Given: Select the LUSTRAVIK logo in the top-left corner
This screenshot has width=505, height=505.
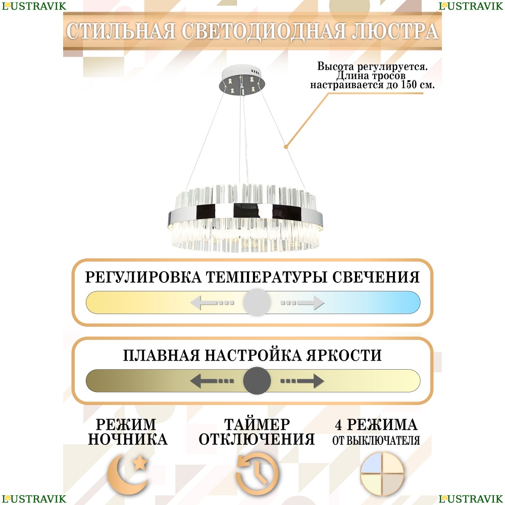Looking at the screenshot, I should point(33,6).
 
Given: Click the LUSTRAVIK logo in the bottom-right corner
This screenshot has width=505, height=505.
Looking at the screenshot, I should point(471,499).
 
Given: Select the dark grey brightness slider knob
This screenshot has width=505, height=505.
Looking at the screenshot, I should point(257,381).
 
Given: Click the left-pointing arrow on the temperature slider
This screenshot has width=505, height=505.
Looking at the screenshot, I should point(212,303).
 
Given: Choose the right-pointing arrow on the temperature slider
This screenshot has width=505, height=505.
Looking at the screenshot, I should point(302,303).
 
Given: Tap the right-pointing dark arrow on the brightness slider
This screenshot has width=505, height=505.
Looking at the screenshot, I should point(302,381).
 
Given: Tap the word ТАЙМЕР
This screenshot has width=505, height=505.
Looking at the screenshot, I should point(257,424).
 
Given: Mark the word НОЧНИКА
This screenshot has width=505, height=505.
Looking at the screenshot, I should point(127,439).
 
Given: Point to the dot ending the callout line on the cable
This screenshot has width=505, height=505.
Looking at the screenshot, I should point(286,147).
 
